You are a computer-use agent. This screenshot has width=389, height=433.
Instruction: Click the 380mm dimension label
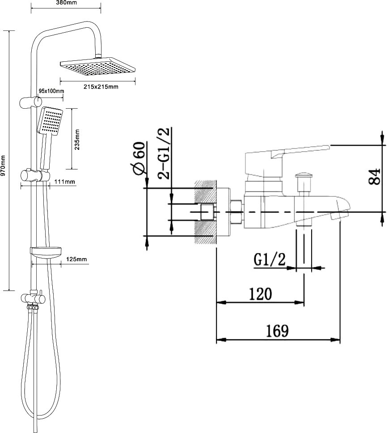point(67,3)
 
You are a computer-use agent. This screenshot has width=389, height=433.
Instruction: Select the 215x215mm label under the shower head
point(101,87)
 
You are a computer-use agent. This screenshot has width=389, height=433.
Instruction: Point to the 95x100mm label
point(51,91)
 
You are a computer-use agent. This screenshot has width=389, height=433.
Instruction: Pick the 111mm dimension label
point(64,182)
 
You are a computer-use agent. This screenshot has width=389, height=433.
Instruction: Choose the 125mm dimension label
point(76,259)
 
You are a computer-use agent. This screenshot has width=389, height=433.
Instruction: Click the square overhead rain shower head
point(98,66)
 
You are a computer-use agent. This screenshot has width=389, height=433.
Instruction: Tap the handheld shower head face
point(50,122)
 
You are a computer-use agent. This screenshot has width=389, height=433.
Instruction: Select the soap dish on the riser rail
point(46,252)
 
